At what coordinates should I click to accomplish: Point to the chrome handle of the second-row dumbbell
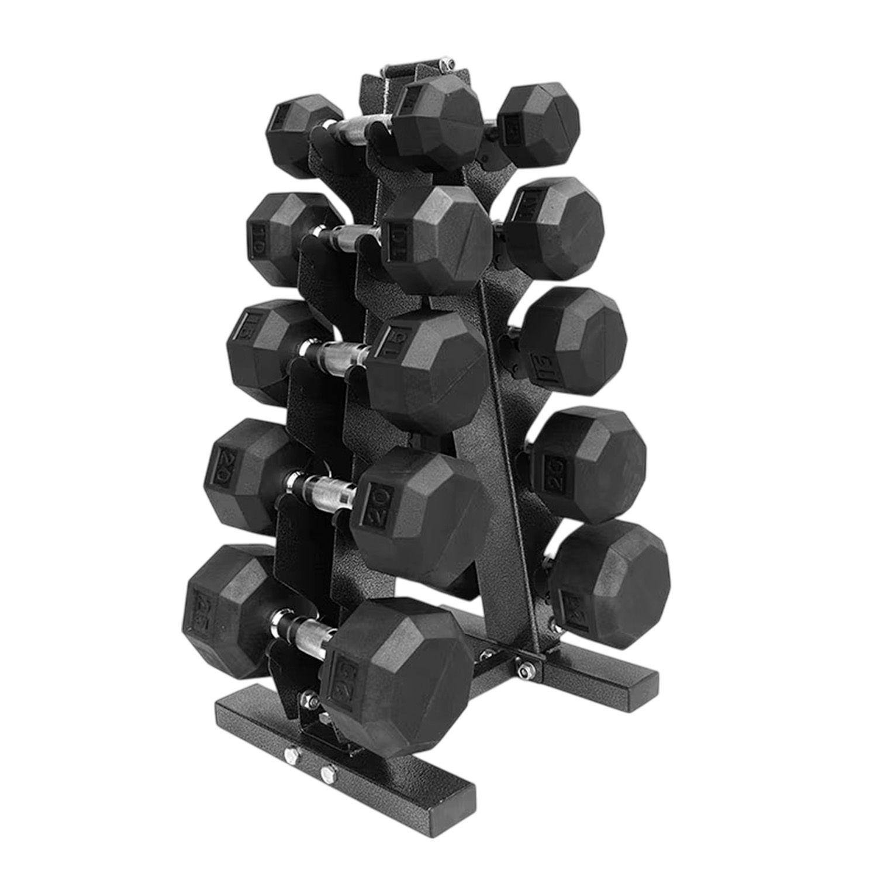pos(345,237)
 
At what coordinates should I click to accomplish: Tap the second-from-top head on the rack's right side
pos(554,221)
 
